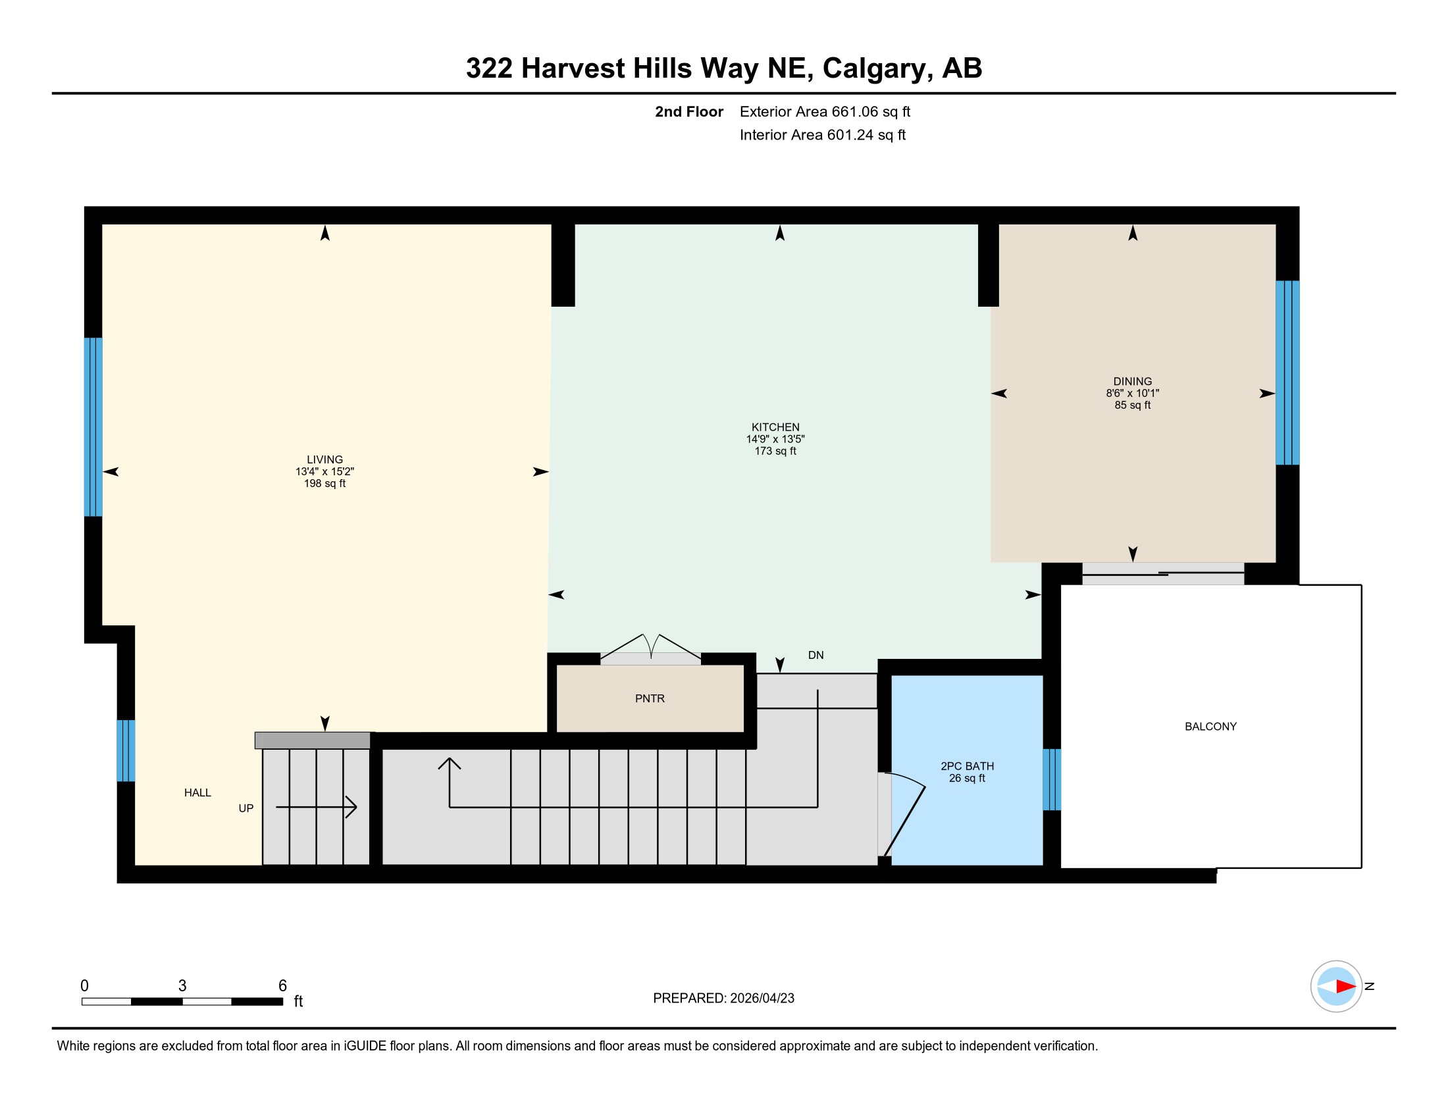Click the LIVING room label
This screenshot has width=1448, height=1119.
pyautogui.click(x=325, y=459)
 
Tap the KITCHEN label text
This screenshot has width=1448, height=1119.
pyautogui.click(x=775, y=427)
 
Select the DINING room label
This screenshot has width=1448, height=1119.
pyautogui.click(x=1133, y=381)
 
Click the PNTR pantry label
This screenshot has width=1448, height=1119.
pyautogui.click(x=650, y=698)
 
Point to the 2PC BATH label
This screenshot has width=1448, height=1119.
pyautogui.click(x=968, y=766)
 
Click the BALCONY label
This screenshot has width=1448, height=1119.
pyautogui.click(x=1210, y=726)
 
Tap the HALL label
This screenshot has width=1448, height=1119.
pyautogui.click(x=197, y=792)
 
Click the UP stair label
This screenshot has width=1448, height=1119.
pyautogui.click(x=246, y=808)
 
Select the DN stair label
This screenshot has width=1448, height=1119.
pyautogui.click(x=815, y=655)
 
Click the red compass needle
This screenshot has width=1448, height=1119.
pyautogui.click(x=1345, y=987)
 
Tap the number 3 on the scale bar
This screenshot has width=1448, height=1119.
pyautogui.click(x=182, y=985)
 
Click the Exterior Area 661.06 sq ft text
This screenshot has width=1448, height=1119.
pyautogui.click(x=825, y=111)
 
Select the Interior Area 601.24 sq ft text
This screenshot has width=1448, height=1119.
pyautogui.click(x=822, y=134)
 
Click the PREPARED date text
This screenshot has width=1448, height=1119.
pyautogui.click(x=723, y=998)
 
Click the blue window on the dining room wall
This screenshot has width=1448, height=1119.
pyautogui.click(x=1287, y=373)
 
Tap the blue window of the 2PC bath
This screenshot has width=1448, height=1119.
pyautogui.click(x=1052, y=779)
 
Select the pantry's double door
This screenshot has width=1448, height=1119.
pyautogui.click(x=650, y=649)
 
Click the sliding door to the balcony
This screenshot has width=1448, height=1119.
pyautogui.click(x=1163, y=573)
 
